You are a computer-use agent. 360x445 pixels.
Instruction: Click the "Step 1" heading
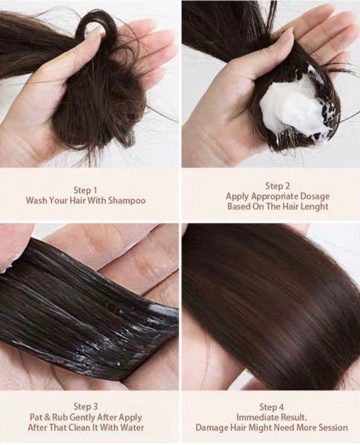pyautogui.click(x=85, y=190)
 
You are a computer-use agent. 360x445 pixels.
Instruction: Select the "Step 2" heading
pyautogui.click(x=278, y=186)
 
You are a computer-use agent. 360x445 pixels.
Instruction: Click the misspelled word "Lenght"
pyautogui.click(x=314, y=207)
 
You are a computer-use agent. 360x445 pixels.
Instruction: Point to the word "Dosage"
pyautogui.click(x=315, y=196)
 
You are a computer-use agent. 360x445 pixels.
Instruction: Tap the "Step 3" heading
pyautogui.click(x=85, y=406)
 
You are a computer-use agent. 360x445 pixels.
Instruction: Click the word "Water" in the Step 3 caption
pyautogui.click(x=132, y=427)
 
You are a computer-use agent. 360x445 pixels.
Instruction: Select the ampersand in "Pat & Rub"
pyautogui.click(x=47, y=418)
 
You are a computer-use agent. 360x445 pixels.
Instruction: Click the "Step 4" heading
pyautogui.click(x=271, y=407)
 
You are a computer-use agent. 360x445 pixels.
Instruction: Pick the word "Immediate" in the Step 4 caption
pyautogui.click(x=258, y=417)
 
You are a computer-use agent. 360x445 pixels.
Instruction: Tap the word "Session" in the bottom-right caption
pyautogui.click(x=330, y=427)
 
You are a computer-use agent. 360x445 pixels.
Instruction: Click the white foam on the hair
pyautogui.click(x=296, y=104)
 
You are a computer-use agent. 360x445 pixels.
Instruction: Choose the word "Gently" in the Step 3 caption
pyautogui.click(x=82, y=418)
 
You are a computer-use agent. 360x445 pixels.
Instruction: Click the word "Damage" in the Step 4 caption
pyautogui.click(x=211, y=428)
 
